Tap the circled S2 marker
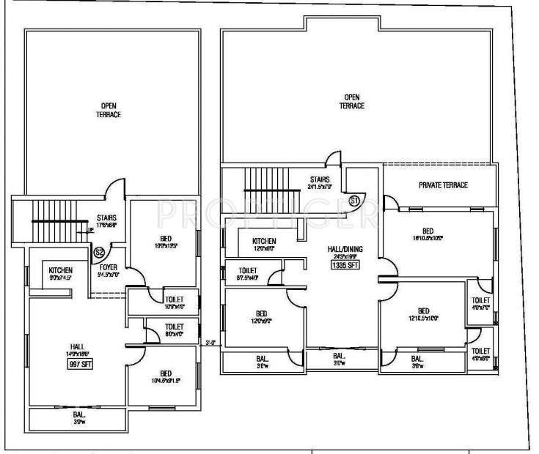98,253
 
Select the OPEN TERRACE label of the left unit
110,111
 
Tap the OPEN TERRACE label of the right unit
351,102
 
